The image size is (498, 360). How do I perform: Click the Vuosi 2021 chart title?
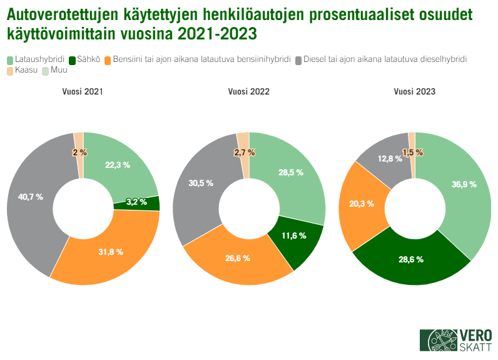click(83, 91)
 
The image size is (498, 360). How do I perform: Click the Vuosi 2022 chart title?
click(248, 91)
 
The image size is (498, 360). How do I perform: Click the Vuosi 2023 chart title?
click(415, 91)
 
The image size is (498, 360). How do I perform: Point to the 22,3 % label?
click(118, 165)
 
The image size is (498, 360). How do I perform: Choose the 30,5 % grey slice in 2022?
click(200, 183)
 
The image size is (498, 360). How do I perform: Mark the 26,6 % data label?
click(237, 258)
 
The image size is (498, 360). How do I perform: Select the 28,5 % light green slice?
click(290, 172)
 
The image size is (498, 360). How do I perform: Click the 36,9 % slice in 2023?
click(464, 185)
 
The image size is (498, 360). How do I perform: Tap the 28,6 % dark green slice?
click(411, 259)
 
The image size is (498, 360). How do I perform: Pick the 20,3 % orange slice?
click(361, 203)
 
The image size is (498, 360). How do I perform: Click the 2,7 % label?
click(243, 152)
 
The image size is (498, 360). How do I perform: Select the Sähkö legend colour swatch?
click(73, 59)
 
